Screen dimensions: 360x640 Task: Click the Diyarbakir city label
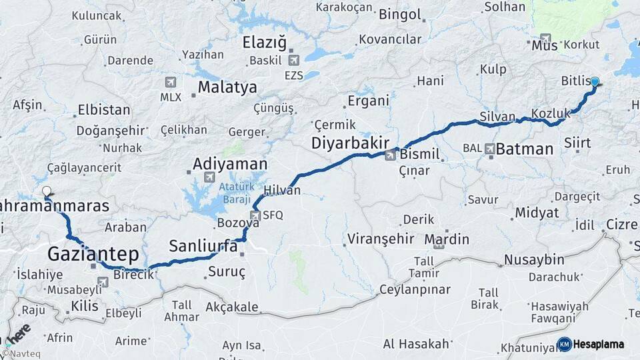[351, 143]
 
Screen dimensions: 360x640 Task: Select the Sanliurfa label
[203, 245]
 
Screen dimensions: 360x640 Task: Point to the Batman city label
[525, 149]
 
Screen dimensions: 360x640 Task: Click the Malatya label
[227, 87]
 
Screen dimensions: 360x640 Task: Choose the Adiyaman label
[230, 163]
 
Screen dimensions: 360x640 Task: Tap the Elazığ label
[264, 43]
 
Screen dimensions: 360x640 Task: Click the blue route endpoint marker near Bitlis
[595, 82]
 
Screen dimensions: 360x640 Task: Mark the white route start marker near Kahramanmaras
[47, 191]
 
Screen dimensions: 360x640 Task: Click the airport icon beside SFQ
[255, 215]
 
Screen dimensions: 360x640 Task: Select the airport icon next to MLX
[171, 82]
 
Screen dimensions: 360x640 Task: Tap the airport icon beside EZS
[293, 61]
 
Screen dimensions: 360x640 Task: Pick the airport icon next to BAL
[491, 148]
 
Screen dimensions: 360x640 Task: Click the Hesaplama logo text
[599, 344]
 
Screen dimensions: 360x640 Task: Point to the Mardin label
[447, 239]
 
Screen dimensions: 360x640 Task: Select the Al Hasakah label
[416, 344]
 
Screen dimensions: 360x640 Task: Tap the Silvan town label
[497, 117]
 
